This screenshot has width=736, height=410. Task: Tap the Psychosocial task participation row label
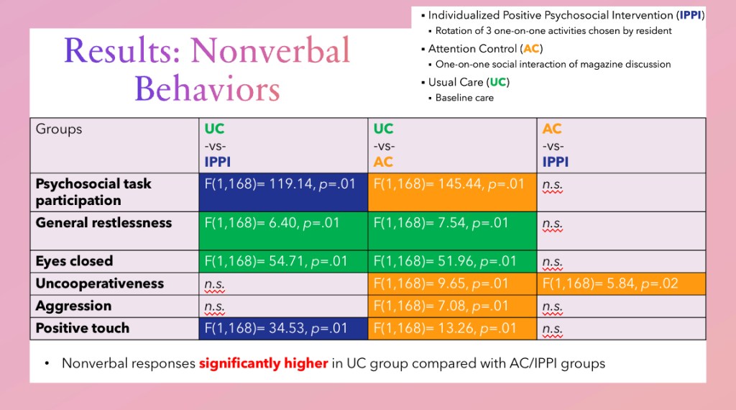tap(93, 192)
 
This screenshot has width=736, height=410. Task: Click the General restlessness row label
tap(103, 223)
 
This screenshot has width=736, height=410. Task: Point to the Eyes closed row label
tap(74, 261)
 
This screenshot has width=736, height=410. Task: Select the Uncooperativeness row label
tap(100, 283)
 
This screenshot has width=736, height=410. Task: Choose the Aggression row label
tap(73, 306)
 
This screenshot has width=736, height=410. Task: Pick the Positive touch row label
tap(83, 328)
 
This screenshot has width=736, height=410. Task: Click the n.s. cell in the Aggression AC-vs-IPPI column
tap(553, 306)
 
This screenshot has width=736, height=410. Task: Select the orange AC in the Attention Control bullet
tap(531, 49)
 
